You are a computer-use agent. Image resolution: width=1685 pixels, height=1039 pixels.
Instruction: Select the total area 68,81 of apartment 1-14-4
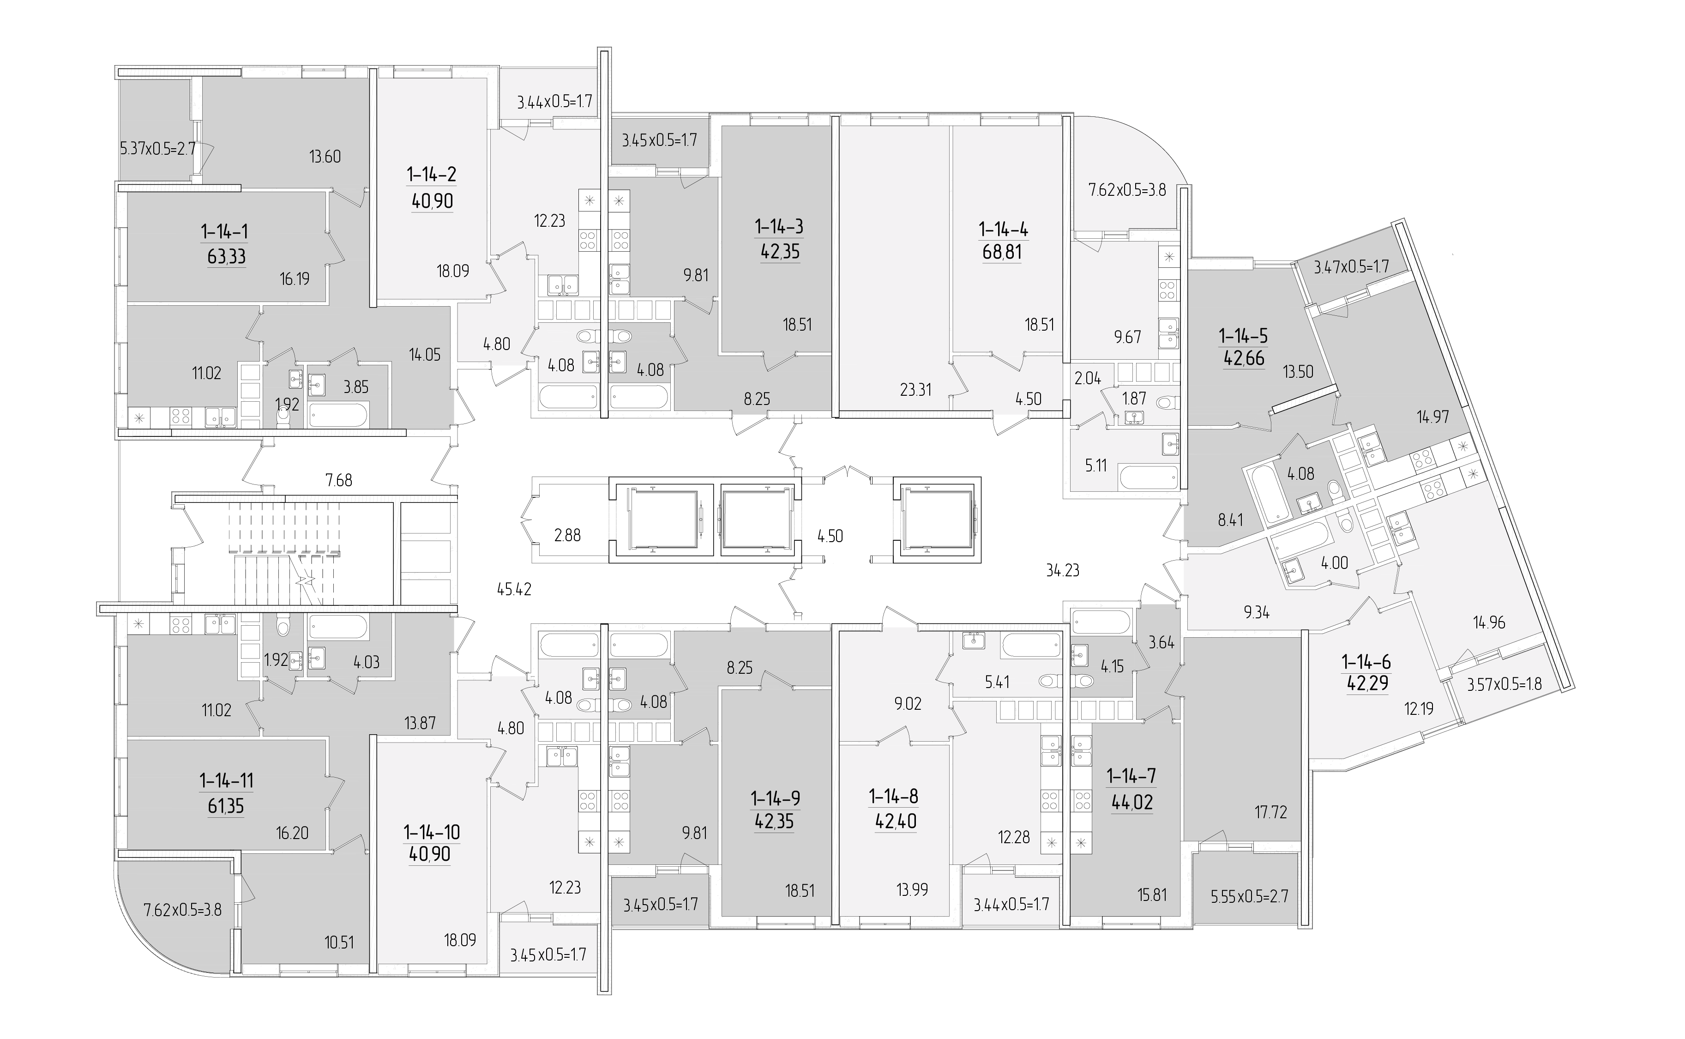pyautogui.click(x=1002, y=252)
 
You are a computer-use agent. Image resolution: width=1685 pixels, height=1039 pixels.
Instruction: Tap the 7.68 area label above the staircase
pyautogui.click(x=339, y=480)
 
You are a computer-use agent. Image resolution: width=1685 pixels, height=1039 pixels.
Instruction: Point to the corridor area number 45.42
pyautogui.click(x=514, y=589)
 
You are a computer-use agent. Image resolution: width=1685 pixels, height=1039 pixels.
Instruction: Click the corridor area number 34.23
pyautogui.click(x=1063, y=570)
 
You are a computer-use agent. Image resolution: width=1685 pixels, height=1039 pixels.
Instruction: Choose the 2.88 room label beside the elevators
pyautogui.click(x=567, y=535)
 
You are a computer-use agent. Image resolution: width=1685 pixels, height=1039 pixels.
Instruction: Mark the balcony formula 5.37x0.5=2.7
pyautogui.click(x=158, y=148)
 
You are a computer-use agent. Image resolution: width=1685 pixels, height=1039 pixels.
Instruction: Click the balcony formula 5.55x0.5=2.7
pyautogui.click(x=1249, y=896)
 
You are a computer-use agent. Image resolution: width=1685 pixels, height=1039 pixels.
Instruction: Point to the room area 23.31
pyautogui.click(x=915, y=390)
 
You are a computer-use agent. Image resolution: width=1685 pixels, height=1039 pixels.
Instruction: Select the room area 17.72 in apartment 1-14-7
pyautogui.click(x=1270, y=813)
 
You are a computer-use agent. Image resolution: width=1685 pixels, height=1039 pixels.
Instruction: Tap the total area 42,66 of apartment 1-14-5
pyautogui.click(x=1243, y=358)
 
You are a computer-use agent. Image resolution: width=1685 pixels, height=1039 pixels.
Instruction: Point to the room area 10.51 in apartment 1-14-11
pyautogui.click(x=339, y=942)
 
